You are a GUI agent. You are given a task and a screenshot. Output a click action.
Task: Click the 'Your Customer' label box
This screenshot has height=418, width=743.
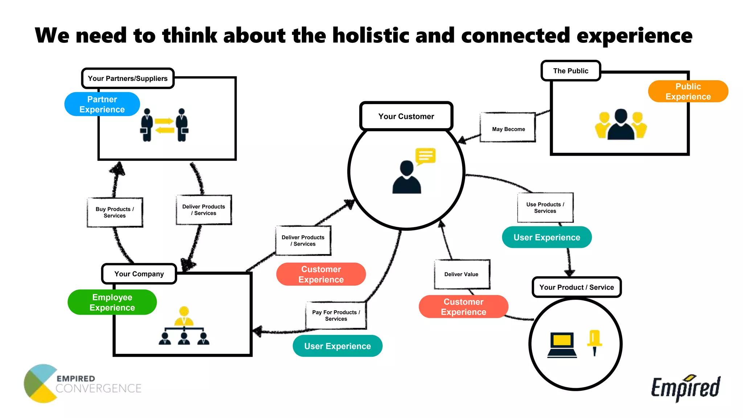(x=406, y=116)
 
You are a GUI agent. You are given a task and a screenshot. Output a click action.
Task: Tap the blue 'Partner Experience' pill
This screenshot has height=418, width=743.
(x=102, y=104)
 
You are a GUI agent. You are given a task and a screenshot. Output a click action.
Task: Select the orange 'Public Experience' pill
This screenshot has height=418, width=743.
(x=688, y=91)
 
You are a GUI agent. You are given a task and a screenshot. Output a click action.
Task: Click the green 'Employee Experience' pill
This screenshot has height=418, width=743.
(x=112, y=302)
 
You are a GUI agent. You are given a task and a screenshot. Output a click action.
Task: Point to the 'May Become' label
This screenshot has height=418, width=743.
(x=508, y=129)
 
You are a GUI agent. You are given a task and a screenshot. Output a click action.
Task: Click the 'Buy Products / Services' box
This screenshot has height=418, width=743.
(x=115, y=212)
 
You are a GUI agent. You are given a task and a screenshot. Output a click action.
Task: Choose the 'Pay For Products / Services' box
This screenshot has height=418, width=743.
(x=336, y=315)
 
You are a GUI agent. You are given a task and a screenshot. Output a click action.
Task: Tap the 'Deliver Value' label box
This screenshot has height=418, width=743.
(x=461, y=274)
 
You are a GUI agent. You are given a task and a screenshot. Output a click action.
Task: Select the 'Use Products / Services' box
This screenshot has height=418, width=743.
(x=545, y=208)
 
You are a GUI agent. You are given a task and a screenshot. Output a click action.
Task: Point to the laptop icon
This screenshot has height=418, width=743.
(x=562, y=345)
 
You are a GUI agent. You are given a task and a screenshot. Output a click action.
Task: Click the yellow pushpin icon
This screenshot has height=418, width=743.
(x=594, y=342)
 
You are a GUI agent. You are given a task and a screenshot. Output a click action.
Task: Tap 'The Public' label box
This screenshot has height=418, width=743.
(x=570, y=71)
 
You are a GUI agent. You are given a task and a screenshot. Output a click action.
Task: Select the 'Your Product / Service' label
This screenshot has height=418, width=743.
(x=576, y=287)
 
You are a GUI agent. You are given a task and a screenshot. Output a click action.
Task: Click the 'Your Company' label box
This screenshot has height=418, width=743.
(x=139, y=274)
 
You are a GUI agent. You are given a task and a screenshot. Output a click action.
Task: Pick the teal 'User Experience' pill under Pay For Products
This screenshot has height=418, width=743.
(x=337, y=346)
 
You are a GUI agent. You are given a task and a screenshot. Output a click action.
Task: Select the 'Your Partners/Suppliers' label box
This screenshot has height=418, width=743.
(x=128, y=78)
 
